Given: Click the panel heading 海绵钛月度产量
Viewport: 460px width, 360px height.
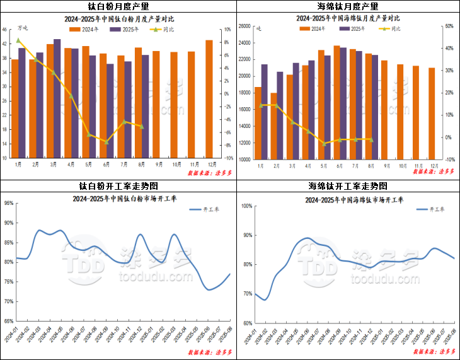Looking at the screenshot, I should pos(347,6).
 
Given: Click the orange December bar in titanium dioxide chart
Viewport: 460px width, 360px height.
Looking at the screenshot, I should pos(209,99).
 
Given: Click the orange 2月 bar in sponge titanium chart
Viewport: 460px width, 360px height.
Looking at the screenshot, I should pos(273,126).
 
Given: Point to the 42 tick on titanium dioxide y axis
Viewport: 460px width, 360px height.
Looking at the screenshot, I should pos(5,44).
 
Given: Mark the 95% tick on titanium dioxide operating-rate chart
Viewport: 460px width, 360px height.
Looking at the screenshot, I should pos(9,203).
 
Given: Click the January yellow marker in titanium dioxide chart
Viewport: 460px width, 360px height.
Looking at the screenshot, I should pos(18,40).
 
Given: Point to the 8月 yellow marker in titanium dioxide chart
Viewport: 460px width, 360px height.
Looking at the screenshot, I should pos(142,127).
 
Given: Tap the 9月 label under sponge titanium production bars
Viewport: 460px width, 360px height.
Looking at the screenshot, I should pos(384,165).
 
